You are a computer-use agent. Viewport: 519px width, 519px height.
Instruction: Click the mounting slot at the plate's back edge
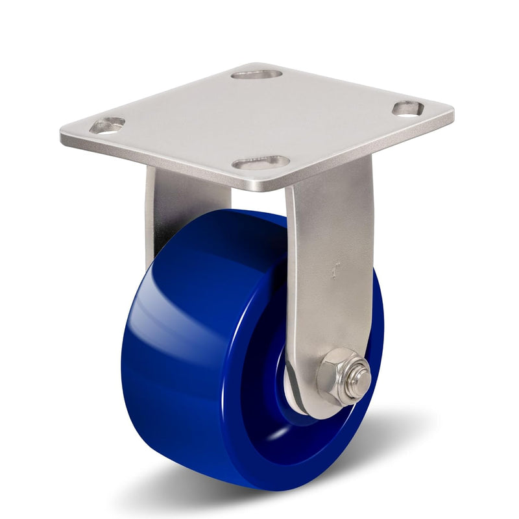point(256,74)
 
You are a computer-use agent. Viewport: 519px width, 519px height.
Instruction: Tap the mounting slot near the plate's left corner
point(107,125)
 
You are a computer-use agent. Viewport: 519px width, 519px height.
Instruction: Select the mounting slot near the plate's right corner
point(408,108)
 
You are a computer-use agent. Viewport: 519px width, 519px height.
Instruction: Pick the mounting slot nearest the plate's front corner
point(261,162)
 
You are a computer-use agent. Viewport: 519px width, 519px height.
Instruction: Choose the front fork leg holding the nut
point(331,272)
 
